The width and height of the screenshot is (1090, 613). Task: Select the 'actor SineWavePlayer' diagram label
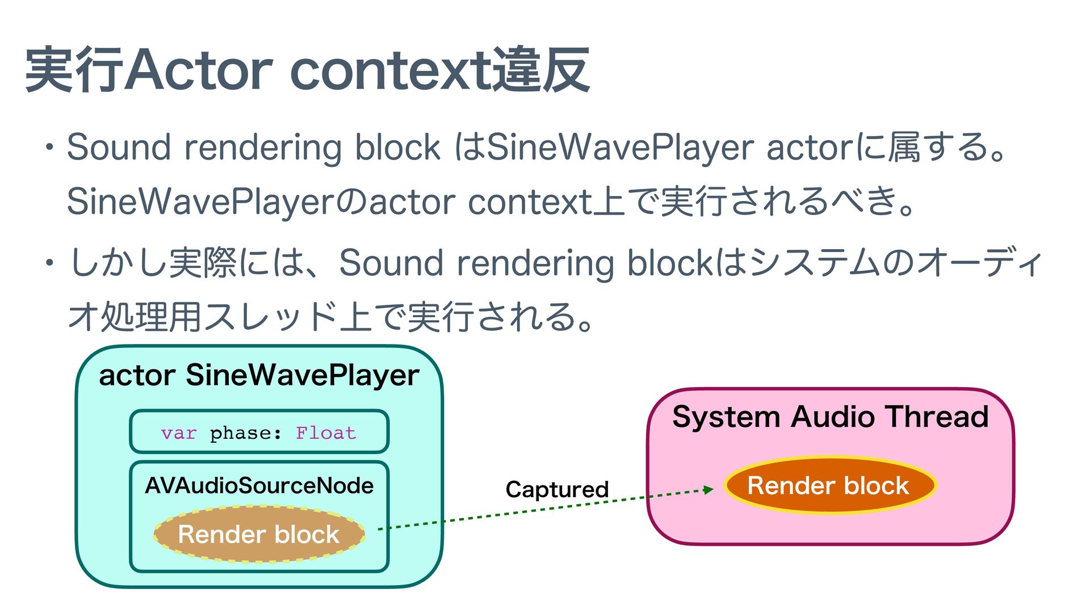click(x=259, y=375)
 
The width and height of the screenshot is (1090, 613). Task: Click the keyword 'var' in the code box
click(x=178, y=433)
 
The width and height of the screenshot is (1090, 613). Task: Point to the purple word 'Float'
click(x=326, y=433)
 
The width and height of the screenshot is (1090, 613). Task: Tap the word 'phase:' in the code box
click(x=246, y=434)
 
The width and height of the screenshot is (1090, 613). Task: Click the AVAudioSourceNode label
click(x=259, y=485)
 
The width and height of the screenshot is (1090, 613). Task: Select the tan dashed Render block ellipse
click(x=259, y=534)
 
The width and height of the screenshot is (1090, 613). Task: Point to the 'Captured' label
click(x=557, y=489)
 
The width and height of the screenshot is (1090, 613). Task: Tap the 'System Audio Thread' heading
click(x=830, y=417)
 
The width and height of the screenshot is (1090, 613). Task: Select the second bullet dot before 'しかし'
click(x=50, y=263)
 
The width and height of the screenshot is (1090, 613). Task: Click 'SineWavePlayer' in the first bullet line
click(x=620, y=147)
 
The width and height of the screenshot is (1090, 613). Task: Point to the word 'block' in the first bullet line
click(x=397, y=147)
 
